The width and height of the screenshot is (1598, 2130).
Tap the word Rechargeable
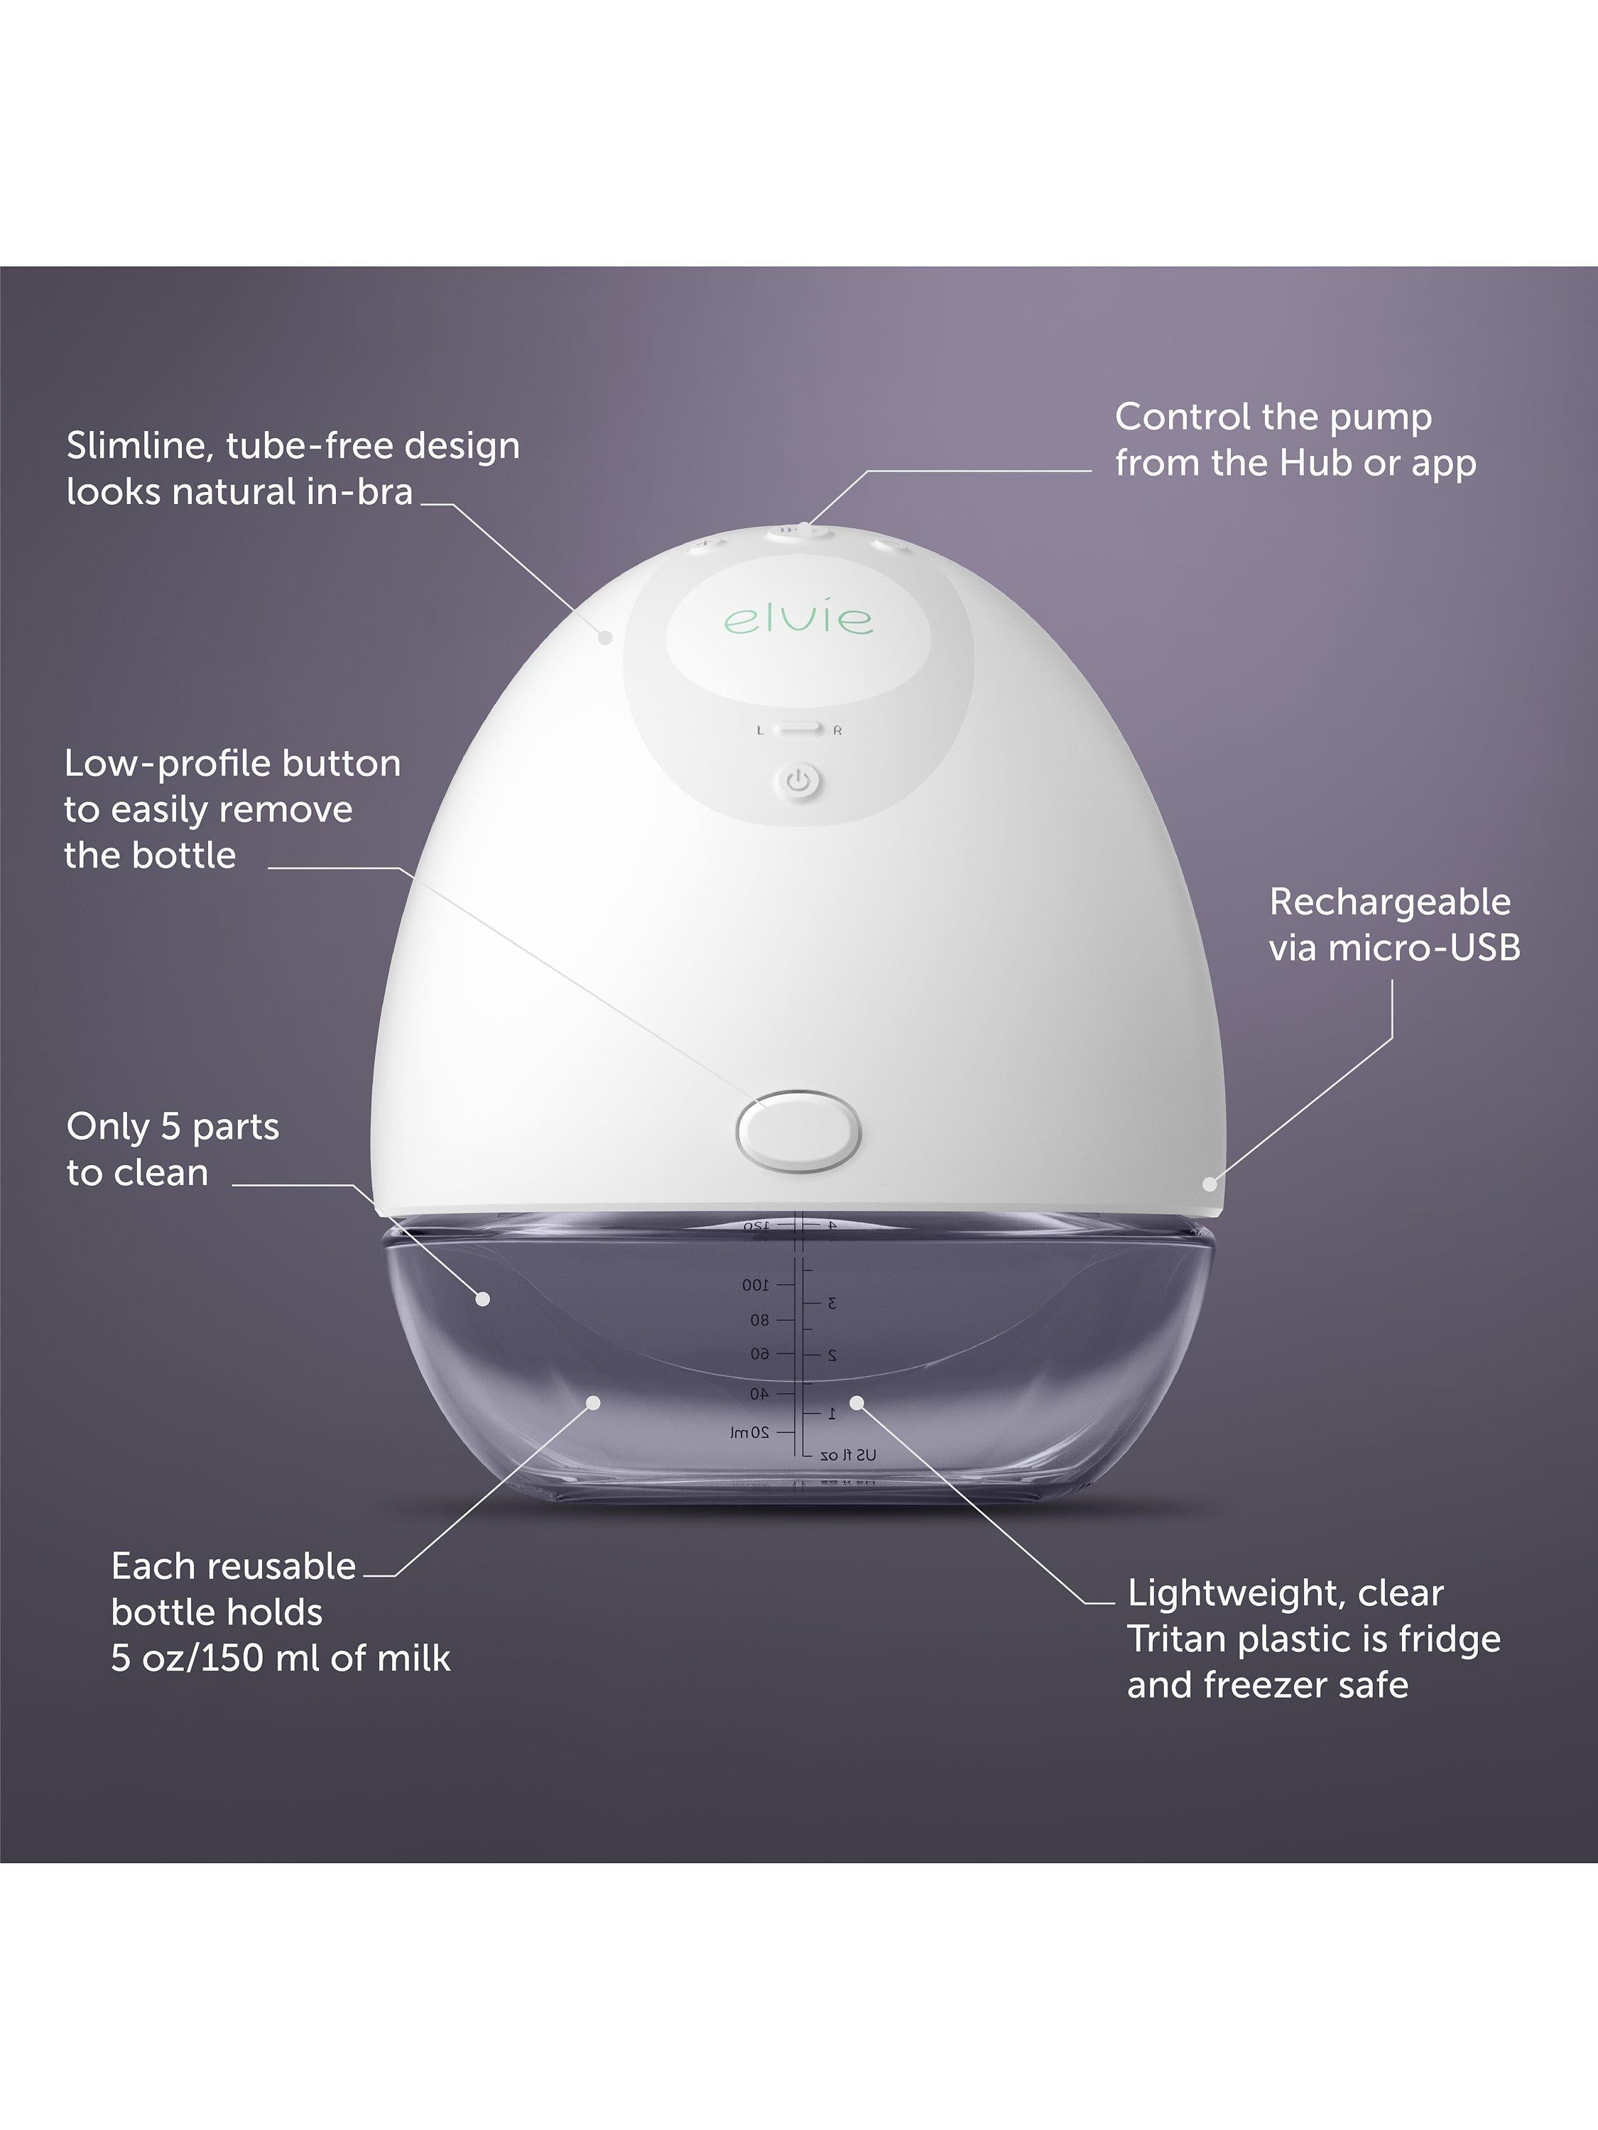point(1390,902)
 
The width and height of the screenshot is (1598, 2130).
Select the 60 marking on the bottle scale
point(761,1355)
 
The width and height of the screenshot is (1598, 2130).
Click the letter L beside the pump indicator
point(760,731)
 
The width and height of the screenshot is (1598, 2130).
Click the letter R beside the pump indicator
point(837,731)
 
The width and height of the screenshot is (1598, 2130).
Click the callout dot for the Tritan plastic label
point(855,1404)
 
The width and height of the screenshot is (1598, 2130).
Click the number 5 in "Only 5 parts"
point(171,1127)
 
